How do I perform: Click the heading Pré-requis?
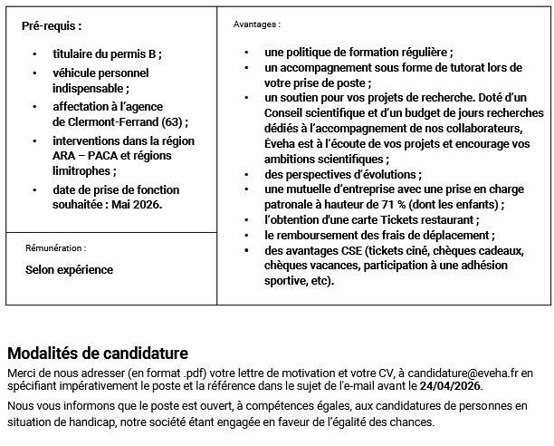pos(51,25)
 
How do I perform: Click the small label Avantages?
pos(257,24)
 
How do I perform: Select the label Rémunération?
pos(56,247)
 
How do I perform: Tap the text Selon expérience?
pos(69,269)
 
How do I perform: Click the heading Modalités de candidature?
pos(98,353)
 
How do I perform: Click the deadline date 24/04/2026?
pos(451,386)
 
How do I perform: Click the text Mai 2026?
pos(140,204)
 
